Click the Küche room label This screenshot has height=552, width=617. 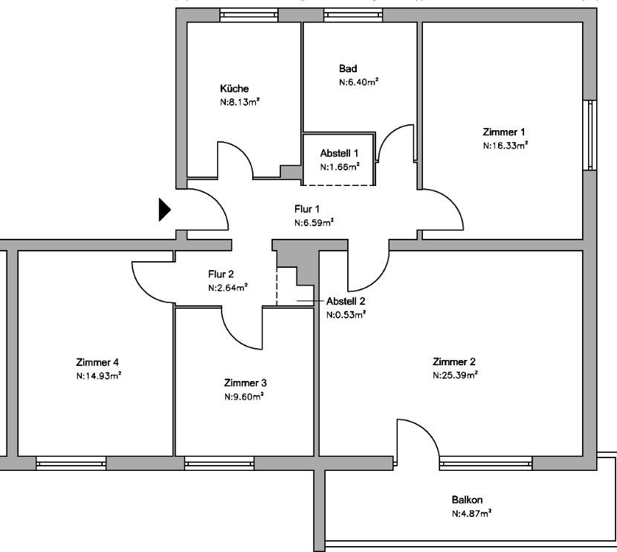[x=234, y=89]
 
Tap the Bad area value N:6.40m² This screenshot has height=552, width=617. [x=358, y=82]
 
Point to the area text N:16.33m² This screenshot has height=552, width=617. [x=505, y=146]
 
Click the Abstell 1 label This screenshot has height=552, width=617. [x=340, y=153]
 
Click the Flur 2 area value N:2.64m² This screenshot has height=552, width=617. [x=227, y=288]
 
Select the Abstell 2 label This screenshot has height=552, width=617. [x=346, y=301]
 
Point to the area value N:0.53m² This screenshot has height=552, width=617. [x=346, y=315]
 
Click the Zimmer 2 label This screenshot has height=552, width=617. [x=454, y=362]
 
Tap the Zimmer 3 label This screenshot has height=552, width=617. [x=245, y=383]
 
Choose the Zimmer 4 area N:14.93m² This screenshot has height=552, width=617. [x=98, y=376]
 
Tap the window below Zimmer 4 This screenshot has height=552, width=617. [x=71, y=463]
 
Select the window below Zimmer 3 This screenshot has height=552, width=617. [x=219, y=463]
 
